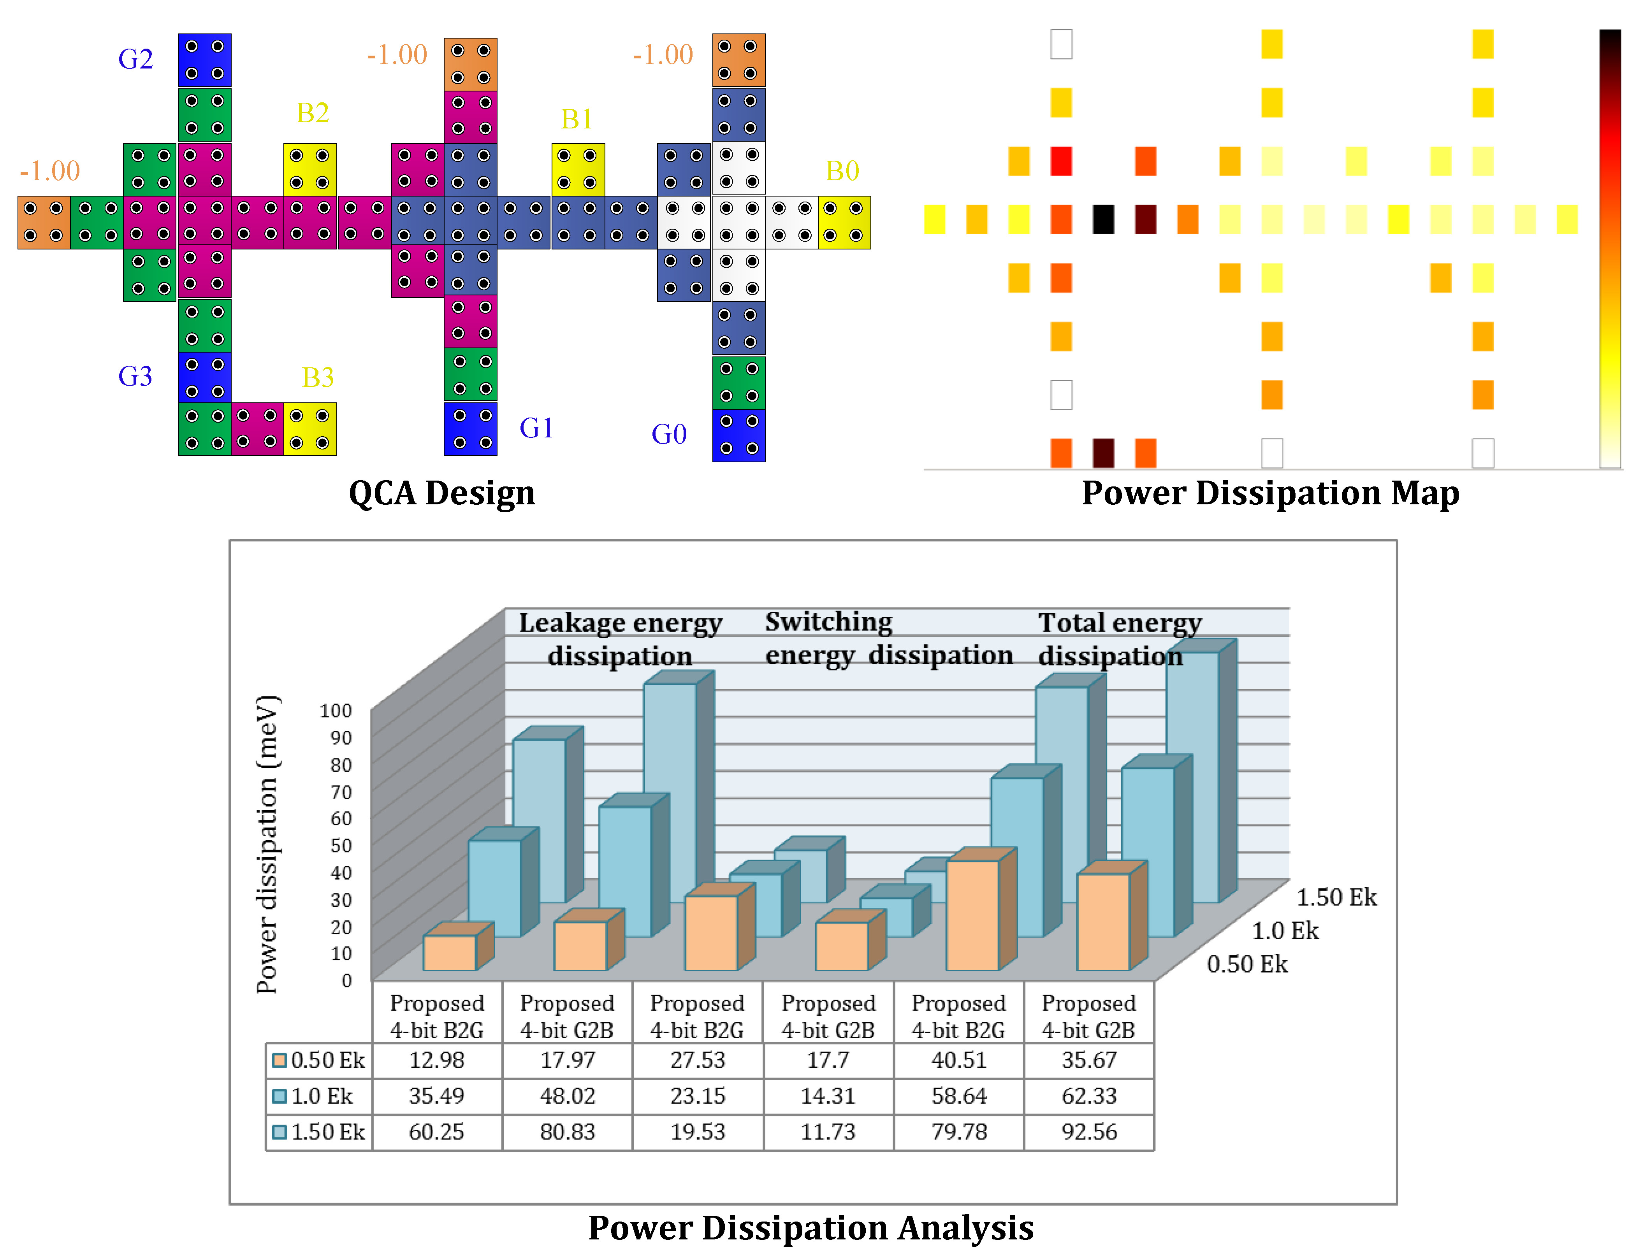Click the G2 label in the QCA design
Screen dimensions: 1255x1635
click(x=135, y=59)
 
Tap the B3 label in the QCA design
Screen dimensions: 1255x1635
click(x=318, y=377)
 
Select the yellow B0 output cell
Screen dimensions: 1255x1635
click(x=844, y=222)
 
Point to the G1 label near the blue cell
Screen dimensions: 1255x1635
click(x=536, y=428)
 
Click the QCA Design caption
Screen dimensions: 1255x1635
click(x=441, y=493)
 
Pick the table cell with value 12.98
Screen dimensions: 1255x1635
click(x=436, y=1060)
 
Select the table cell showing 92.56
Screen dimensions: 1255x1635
click(x=1089, y=1132)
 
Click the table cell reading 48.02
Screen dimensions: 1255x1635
click(x=567, y=1096)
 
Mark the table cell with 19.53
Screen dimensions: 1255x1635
click(x=697, y=1132)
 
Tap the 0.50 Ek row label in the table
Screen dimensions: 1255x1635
click(x=320, y=1060)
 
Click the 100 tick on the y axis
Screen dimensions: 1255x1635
click(x=336, y=711)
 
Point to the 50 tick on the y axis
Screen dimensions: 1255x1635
click(x=341, y=846)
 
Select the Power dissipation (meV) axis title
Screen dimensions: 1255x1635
click(x=267, y=844)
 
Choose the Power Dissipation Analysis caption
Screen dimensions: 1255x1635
click(x=811, y=1227)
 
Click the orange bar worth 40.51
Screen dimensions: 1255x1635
click(x=972, y=915)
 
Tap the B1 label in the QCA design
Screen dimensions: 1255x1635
click(x=577, y=119)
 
